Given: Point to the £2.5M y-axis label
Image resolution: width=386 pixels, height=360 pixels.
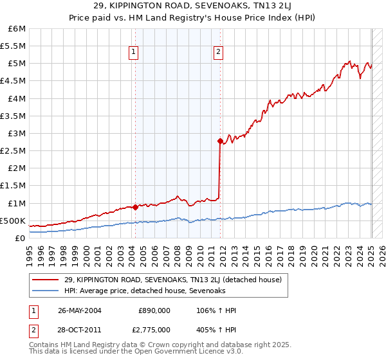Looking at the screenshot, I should click(13, 150).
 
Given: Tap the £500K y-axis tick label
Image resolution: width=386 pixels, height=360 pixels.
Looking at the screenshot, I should click(13, 221).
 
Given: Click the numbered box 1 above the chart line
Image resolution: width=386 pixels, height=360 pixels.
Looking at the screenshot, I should click(134, 53).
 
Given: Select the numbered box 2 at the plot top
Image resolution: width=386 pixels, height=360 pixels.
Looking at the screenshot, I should click(219, 53).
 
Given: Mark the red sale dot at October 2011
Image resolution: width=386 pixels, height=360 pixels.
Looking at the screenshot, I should click(220, 141).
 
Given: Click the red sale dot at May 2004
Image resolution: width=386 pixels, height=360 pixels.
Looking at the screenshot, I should click(136, 207).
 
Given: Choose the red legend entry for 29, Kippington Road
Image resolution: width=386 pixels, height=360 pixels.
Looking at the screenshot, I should click(172, 280).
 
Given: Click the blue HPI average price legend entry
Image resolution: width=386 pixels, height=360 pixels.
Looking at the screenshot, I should click(145, 291).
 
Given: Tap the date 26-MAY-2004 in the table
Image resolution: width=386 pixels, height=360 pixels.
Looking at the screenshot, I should click(80, 310).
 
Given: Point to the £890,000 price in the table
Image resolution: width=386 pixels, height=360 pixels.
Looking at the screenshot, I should click(154, 310).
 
